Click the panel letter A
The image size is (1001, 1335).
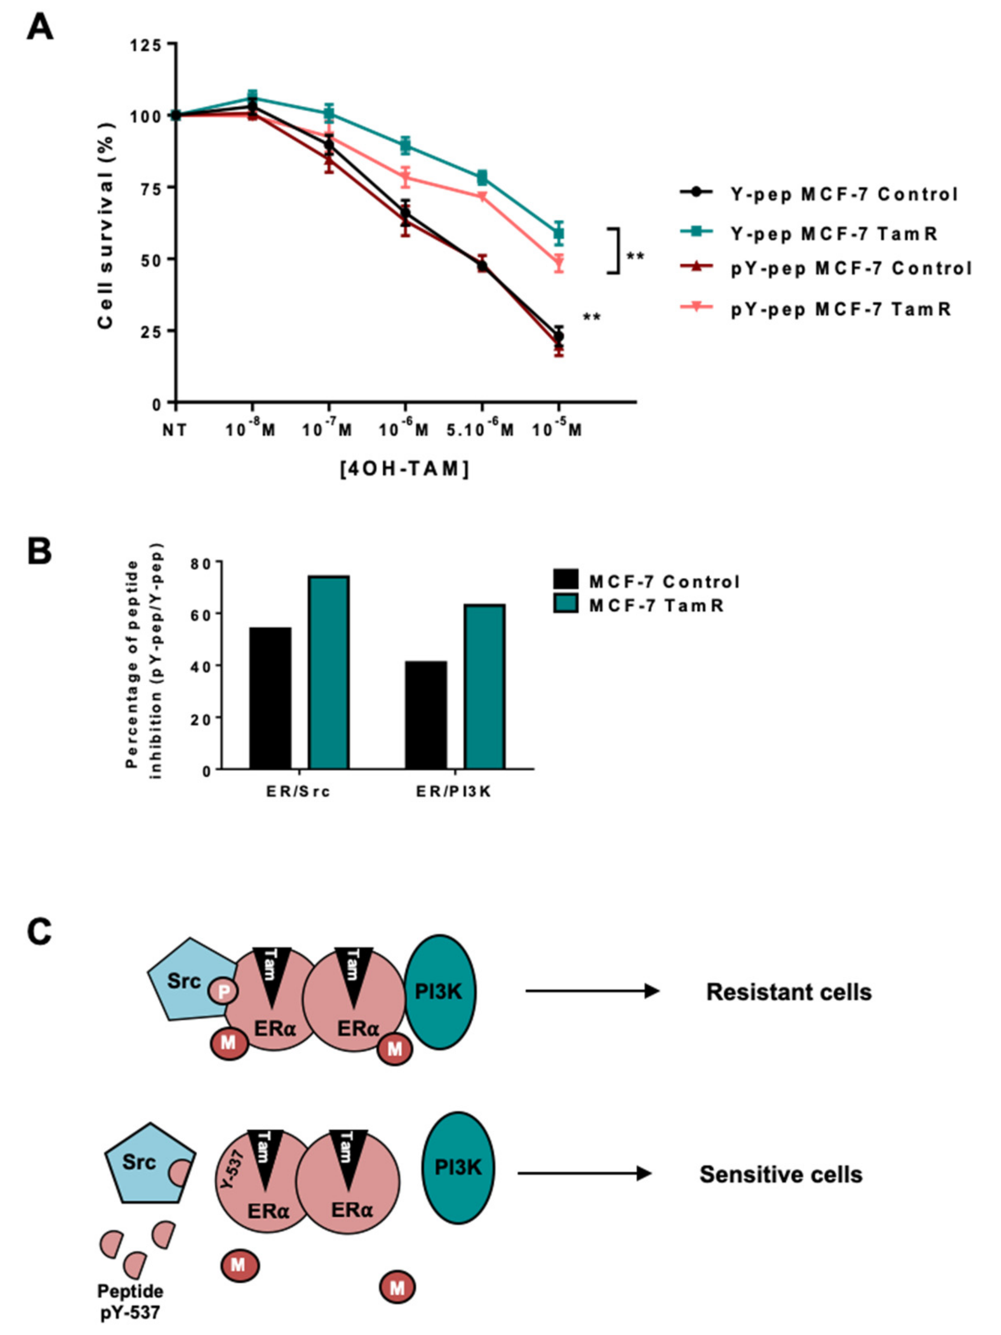(40, 27)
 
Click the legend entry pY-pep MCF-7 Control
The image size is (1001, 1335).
(851, 268)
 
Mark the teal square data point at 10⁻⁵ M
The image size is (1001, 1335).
(559, 234)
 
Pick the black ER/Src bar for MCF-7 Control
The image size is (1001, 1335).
(270, 698)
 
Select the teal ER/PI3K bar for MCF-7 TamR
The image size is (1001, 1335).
(485, 686)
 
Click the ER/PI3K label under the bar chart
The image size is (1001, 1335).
(454, 791)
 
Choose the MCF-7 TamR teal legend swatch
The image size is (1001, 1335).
(566, 603)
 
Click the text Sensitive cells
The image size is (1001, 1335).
(780, 1174)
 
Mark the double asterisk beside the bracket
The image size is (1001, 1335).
(635, 257)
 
